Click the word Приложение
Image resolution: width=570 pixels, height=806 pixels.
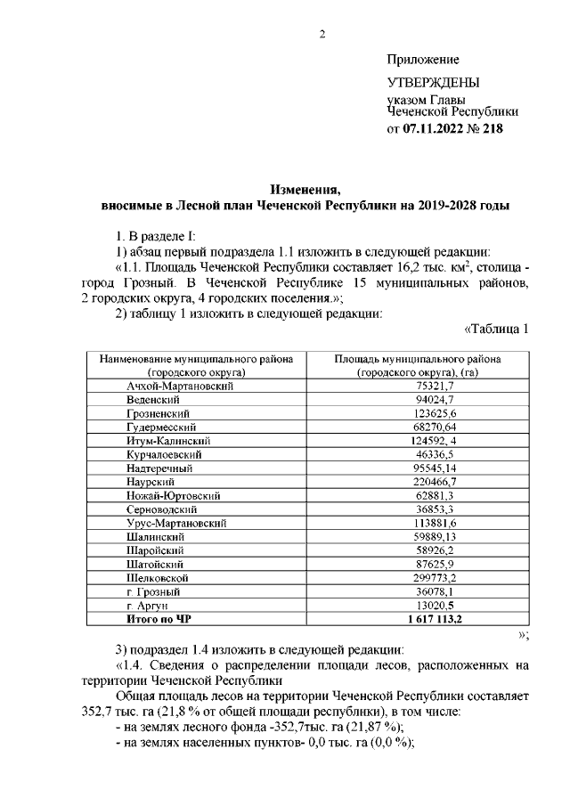click(x=423, y=60)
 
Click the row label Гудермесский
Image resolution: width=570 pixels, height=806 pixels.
click(x=161, y=427)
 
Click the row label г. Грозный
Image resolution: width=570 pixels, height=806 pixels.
click(x=154, y=591)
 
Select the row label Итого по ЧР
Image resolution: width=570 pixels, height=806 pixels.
click(x=159, y=618)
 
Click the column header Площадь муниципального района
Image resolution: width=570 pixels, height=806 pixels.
click(x=418, y=359)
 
